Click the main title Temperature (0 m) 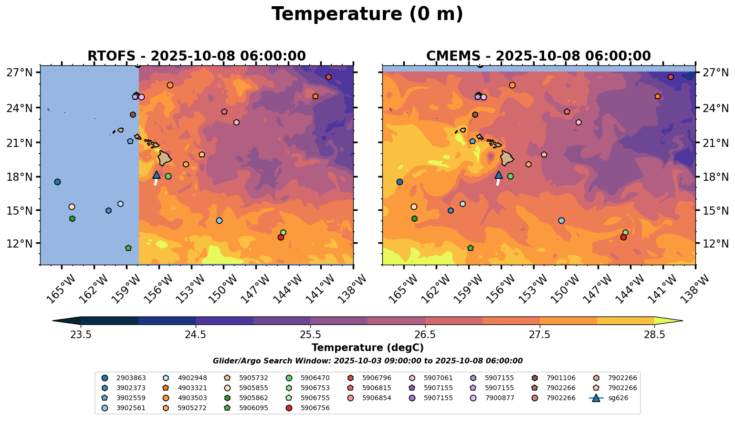click(x=367, y=14)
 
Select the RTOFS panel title click(x=196, y=56)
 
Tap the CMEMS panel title click(x=538, y=56)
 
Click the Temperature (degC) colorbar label click(x=367, y=348)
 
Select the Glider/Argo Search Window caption click(x=367, y=361)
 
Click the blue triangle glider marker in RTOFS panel click(x=156, y=175)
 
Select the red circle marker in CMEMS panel click(x=623, y=237)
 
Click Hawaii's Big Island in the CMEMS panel click(x=507, y=158)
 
